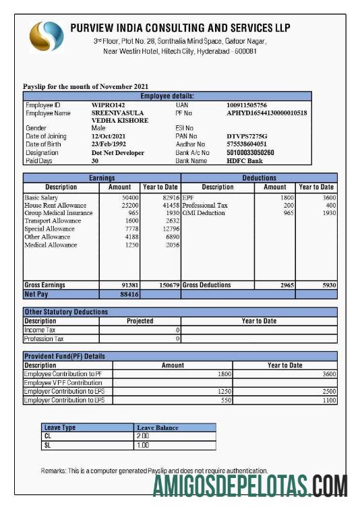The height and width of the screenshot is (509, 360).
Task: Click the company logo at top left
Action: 45,37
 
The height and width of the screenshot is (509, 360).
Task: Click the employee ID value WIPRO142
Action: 109,106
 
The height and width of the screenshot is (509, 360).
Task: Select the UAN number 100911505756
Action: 247,106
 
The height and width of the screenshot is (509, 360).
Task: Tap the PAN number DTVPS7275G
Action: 247,136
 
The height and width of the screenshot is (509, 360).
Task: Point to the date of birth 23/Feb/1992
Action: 110,144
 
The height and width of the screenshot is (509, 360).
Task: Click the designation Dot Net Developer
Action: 118,153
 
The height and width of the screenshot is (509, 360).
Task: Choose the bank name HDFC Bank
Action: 245,161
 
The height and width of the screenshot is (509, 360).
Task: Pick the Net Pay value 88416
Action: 129,295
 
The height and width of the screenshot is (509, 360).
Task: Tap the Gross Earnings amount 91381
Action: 129,285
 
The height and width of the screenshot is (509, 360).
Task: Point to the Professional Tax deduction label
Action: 205,205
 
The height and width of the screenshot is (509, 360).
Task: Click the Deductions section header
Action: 259,178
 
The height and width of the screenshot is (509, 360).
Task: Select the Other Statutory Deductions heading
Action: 66,312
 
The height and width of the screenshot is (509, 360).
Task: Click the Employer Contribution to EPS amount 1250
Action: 223,392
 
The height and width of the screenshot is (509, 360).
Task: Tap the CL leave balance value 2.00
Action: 142,436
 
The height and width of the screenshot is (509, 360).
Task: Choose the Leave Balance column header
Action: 157,427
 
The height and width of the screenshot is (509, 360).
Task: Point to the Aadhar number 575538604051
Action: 247,144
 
